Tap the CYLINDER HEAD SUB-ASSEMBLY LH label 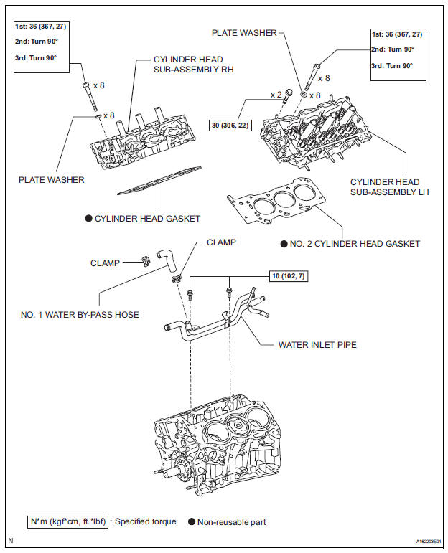pos(385,187)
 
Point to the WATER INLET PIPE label pos(317,344)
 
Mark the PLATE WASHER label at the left pos(51,179)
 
